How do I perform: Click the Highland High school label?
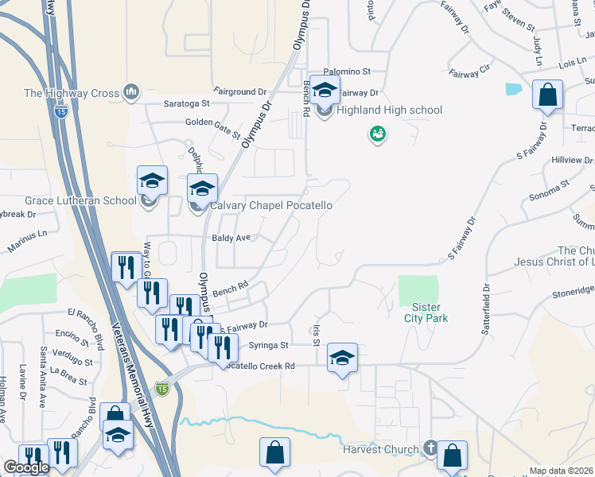coord(389,111)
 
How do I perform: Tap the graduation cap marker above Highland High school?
coord(325,91)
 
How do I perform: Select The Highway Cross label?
coord(72,93)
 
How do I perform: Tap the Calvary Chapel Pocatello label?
coord(271,205)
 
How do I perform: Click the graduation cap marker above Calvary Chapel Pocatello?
coord(202,189)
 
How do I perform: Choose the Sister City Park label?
coord(430,312)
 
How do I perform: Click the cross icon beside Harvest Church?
coord(430,449)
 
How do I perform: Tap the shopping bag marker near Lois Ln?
coord(548,95)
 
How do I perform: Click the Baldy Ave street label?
coord(231,238)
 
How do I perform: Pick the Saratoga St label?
coord(186,103)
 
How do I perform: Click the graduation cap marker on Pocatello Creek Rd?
coord(342,359)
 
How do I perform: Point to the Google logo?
coord(26,467)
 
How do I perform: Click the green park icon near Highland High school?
coord(376,135)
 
